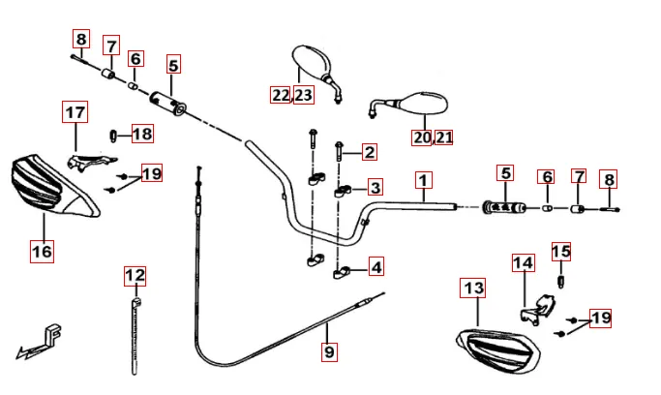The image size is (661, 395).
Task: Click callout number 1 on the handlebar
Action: (423, 180)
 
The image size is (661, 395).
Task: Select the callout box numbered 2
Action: (369, 151)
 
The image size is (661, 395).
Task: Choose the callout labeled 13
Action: (472, 289)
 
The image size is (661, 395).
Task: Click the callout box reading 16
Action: (42, 252)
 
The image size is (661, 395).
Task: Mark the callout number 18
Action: (142, 134)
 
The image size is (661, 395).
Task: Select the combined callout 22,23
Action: (292, 94)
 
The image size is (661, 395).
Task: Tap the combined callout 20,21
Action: (433, 137)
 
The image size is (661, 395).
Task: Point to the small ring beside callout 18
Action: (114, 134)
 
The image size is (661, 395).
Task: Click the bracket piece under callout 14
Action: (535, 311)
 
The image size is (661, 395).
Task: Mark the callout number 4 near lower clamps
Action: (375, 265)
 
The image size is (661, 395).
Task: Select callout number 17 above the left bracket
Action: (75, 112)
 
